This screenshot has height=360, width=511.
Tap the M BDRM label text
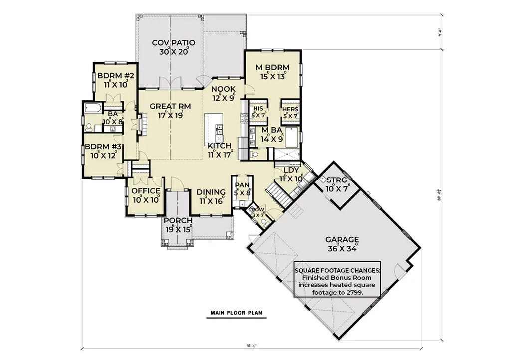pyautogui.click(x=272, y=68)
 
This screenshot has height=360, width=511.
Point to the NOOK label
pyautogui.click(x=223, y=89)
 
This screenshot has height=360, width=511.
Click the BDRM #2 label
pyautogui.click(x=116, y=76)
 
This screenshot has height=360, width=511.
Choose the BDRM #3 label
pyautogui.click(x=103, y=147)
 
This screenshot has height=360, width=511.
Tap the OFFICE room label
pyautogui.click(x=146, y=191)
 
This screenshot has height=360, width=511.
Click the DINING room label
pyautogui.click(x=210, y=192)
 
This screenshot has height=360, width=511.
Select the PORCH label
pyautogui.click(x=178, y=221)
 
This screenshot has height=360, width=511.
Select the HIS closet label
pyautogui.click(x=258, y=109)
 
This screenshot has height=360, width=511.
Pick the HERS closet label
pyautogui.click(x=290, y=110)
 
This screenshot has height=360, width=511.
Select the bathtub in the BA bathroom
pyautogui.click(x=94, y=108)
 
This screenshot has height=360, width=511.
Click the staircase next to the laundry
pyautogui.click(x=276, y=191)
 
